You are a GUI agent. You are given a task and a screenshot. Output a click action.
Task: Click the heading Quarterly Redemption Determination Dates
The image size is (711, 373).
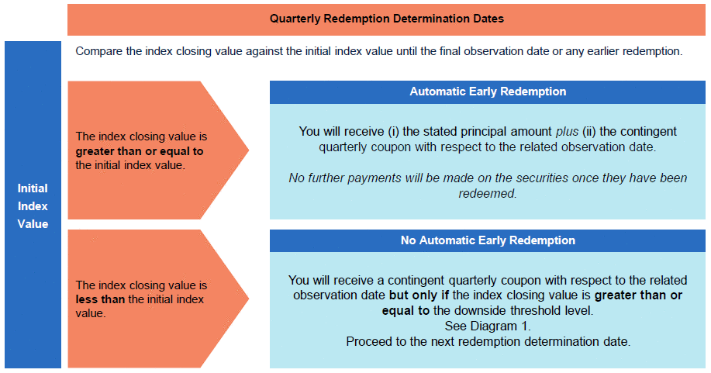coord(386,19)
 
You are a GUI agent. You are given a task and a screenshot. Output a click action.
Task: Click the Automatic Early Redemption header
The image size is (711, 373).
coord(488,92)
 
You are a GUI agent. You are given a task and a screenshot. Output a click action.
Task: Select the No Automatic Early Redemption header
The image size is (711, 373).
coord(488,240)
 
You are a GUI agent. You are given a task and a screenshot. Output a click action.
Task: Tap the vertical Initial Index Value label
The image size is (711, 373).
coord(33,206)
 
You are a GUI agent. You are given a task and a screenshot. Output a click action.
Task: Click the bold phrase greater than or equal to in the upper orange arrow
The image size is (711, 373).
coord(140,151)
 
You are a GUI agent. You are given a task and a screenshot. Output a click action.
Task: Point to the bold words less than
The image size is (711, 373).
coord(100,299)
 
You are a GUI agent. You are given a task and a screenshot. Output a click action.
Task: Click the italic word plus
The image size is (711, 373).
coord(568,132)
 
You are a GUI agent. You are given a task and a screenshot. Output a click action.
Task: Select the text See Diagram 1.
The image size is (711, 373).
coord(488,326)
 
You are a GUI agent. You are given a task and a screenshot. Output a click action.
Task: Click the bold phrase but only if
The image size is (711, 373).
coord(419,295)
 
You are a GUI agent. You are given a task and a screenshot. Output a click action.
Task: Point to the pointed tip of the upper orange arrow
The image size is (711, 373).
coord(248,150)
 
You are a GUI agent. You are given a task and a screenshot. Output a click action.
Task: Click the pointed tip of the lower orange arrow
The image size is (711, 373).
coord(248,299)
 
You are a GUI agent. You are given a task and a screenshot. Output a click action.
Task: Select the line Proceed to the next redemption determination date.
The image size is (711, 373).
coord(488,342)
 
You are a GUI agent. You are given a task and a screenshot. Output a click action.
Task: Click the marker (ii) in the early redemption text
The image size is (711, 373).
coord(589,132)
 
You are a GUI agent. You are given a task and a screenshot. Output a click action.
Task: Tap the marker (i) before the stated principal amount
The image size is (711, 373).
coord(392,132)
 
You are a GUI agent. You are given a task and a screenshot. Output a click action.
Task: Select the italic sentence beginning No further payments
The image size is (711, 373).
coord(488,185)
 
